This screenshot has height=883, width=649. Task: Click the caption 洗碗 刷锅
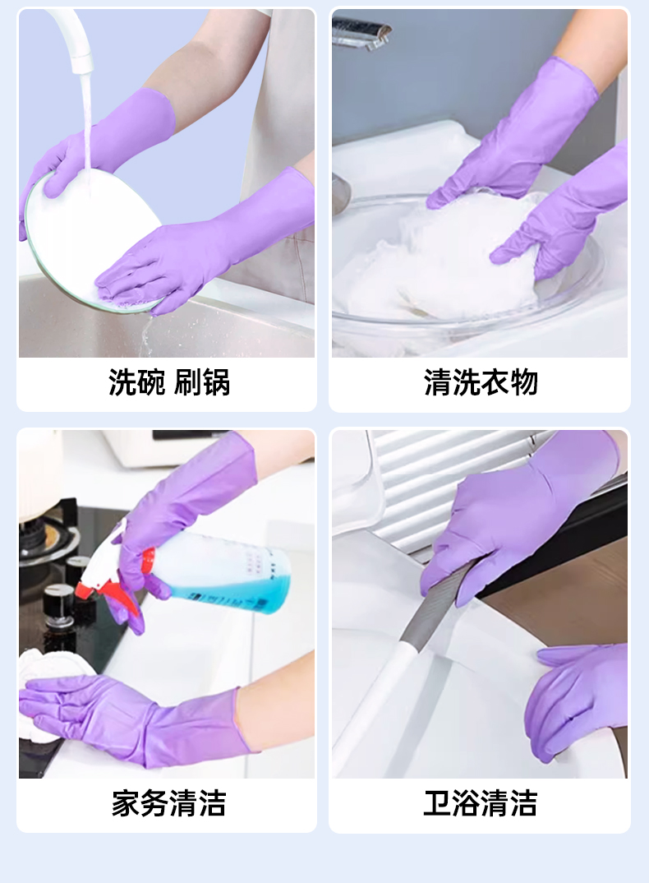coord(169,383)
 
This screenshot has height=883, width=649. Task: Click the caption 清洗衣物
coord(481,383)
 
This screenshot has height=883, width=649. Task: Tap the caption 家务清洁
coord(169,803)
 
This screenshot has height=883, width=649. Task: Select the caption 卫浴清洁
coord(481,803)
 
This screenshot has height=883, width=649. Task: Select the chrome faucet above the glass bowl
coord(361,31)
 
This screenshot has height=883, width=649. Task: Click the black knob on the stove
coord(58,605)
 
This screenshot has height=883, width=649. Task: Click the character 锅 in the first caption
coord(216,383)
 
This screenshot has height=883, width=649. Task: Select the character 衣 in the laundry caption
coord(495,383)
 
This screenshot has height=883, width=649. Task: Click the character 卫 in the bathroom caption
coord(438,803)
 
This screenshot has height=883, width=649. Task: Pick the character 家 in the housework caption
coord(126,803)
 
